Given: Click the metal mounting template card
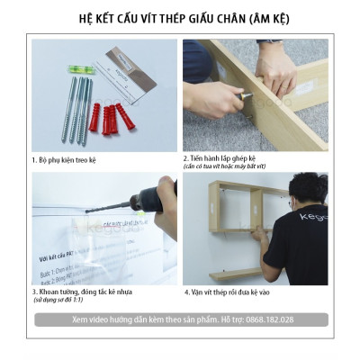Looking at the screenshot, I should click(x=130, y=73).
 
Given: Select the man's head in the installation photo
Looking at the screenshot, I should click(x=309, y=190).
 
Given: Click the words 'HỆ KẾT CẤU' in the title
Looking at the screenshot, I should click(x=114, y=17).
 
